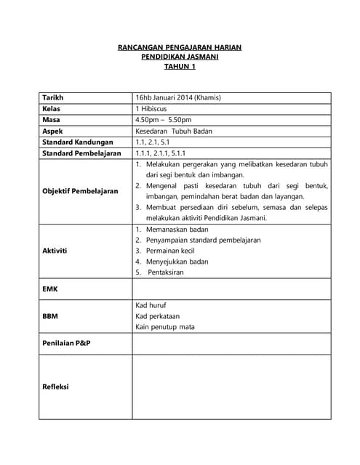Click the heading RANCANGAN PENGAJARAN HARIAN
coord(180,47)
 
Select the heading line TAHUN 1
coord(180,66)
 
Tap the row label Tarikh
coord(53,97)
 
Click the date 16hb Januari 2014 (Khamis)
coord(177,97)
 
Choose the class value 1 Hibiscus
coord(152,108)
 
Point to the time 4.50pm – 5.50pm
coord(163,120)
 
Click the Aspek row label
coord(53,132)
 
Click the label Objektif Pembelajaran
coord(80,191)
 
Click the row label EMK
coord(50,289)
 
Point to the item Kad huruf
coord(151,306)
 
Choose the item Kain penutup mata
coord(164,327)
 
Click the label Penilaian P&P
coord(66,342)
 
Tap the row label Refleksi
coord(56,387)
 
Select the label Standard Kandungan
coord(79,142)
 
